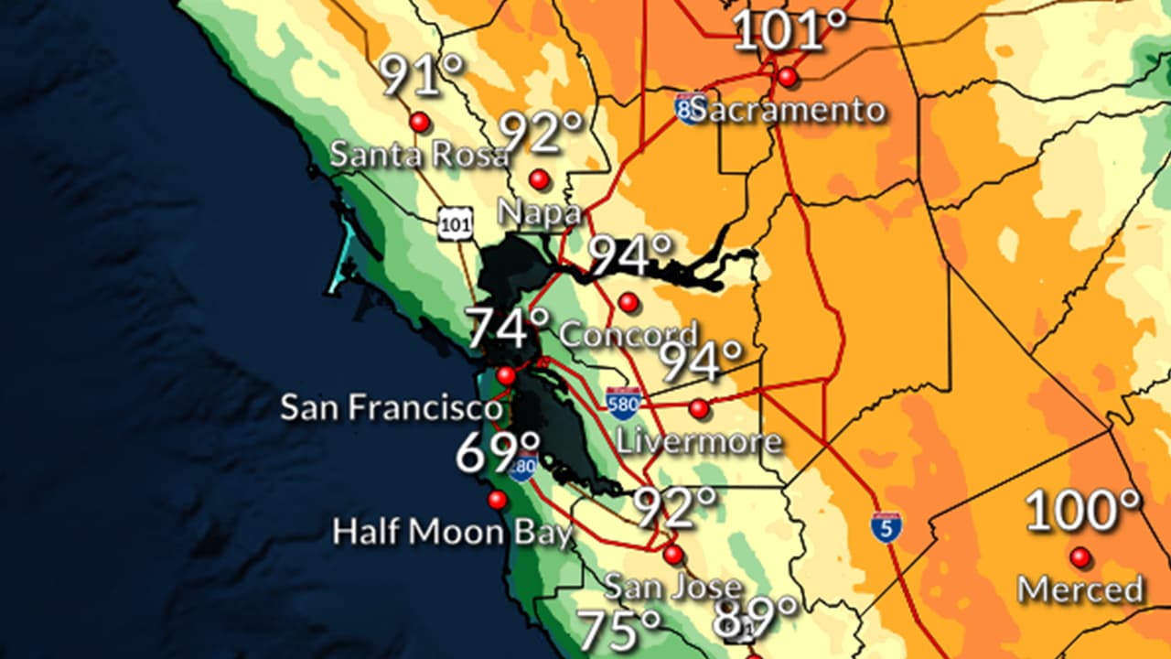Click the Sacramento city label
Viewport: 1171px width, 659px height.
pyautogui.click(x=788, y=111)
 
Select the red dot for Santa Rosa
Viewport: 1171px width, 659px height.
pyautogui.click(x=420, y=122)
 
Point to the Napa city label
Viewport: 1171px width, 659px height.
pyautogui.click(x=539, y=211)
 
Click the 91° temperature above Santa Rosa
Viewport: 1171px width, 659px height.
pyautogui.click(x=423, y=77)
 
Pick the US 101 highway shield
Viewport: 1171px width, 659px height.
pyautogui.click(x=455, y=223)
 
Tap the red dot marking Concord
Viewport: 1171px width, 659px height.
pyautogui.click(x=628, y=302)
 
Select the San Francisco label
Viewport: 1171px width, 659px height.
pyautogui.click(x=392, y=407)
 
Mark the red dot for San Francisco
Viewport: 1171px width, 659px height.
pyautogui.click(x=506, y=375)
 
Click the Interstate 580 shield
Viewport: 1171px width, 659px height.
pyautogui.click(x=623, y=403)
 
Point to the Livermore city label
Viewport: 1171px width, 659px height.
pyautogui.click(x=700, y=441)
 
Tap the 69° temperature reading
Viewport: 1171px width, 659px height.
pyautogui.click(x=498, y=453)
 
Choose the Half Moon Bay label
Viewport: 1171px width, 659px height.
pyautogui.click(x=453, y=532)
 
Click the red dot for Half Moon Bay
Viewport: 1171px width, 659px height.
pyautogui.click(x=498, y=500)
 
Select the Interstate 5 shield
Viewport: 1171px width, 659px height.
pyautogui.click(x=886, y=527)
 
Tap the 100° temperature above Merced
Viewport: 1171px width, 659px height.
pyautogui.click(x=1084, y=512)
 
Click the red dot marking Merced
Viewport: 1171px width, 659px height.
pyautogui.click(x=1080, y=557)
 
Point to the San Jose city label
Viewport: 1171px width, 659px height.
pyautogui.click(x=672, y=586)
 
